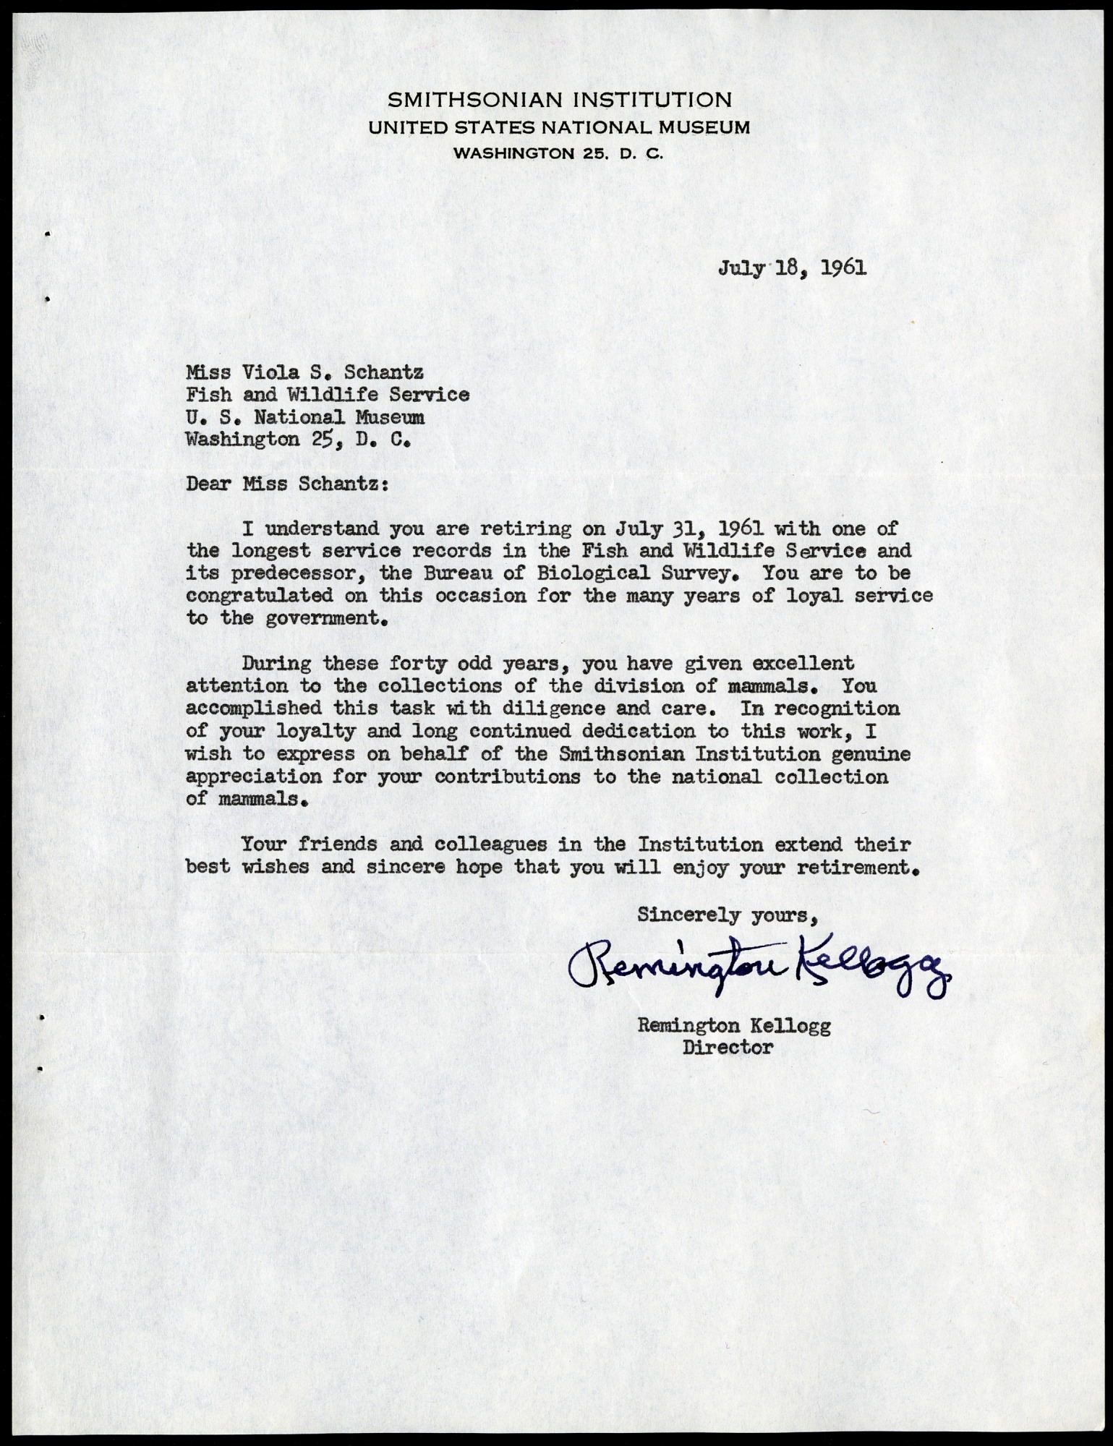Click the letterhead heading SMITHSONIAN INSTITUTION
(558, 100)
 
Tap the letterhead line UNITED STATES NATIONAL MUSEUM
(558, 128)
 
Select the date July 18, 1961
(792, 269)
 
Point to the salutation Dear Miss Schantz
(287, 484)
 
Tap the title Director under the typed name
(728, 1046)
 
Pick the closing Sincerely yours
(727, 915)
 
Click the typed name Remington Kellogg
(733, 1024)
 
